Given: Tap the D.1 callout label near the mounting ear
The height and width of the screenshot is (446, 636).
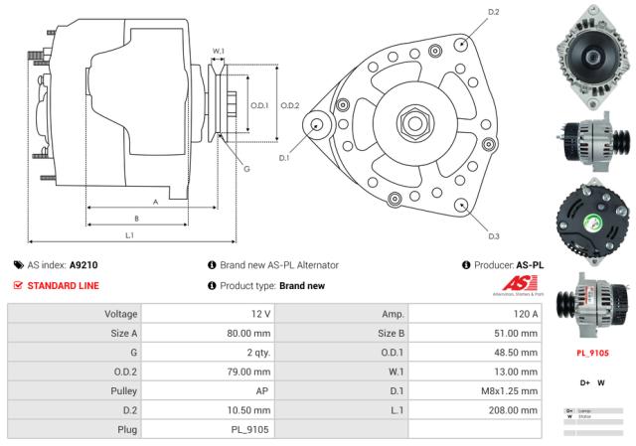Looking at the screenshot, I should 284,157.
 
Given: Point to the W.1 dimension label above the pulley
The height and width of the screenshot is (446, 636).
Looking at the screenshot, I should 219,51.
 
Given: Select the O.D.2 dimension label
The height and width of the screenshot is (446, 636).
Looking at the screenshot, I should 290,105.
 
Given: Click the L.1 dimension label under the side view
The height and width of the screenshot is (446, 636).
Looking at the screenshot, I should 130,235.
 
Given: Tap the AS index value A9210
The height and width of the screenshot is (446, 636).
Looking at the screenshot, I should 83,265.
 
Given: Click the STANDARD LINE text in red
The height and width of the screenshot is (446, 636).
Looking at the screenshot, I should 63,286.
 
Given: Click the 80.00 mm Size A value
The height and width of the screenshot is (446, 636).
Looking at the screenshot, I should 248,333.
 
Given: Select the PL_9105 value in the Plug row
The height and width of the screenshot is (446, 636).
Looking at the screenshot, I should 248,428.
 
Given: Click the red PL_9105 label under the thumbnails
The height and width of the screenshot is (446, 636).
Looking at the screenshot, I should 592,352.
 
